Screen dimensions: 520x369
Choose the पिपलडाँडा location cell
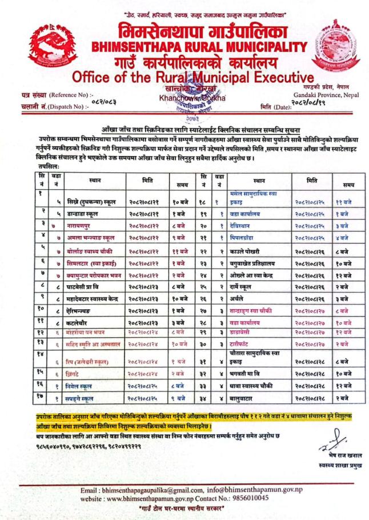[x=244, y=235]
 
